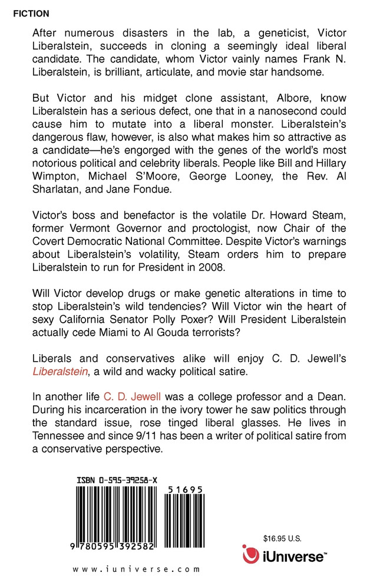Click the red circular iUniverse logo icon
(252, 555)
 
